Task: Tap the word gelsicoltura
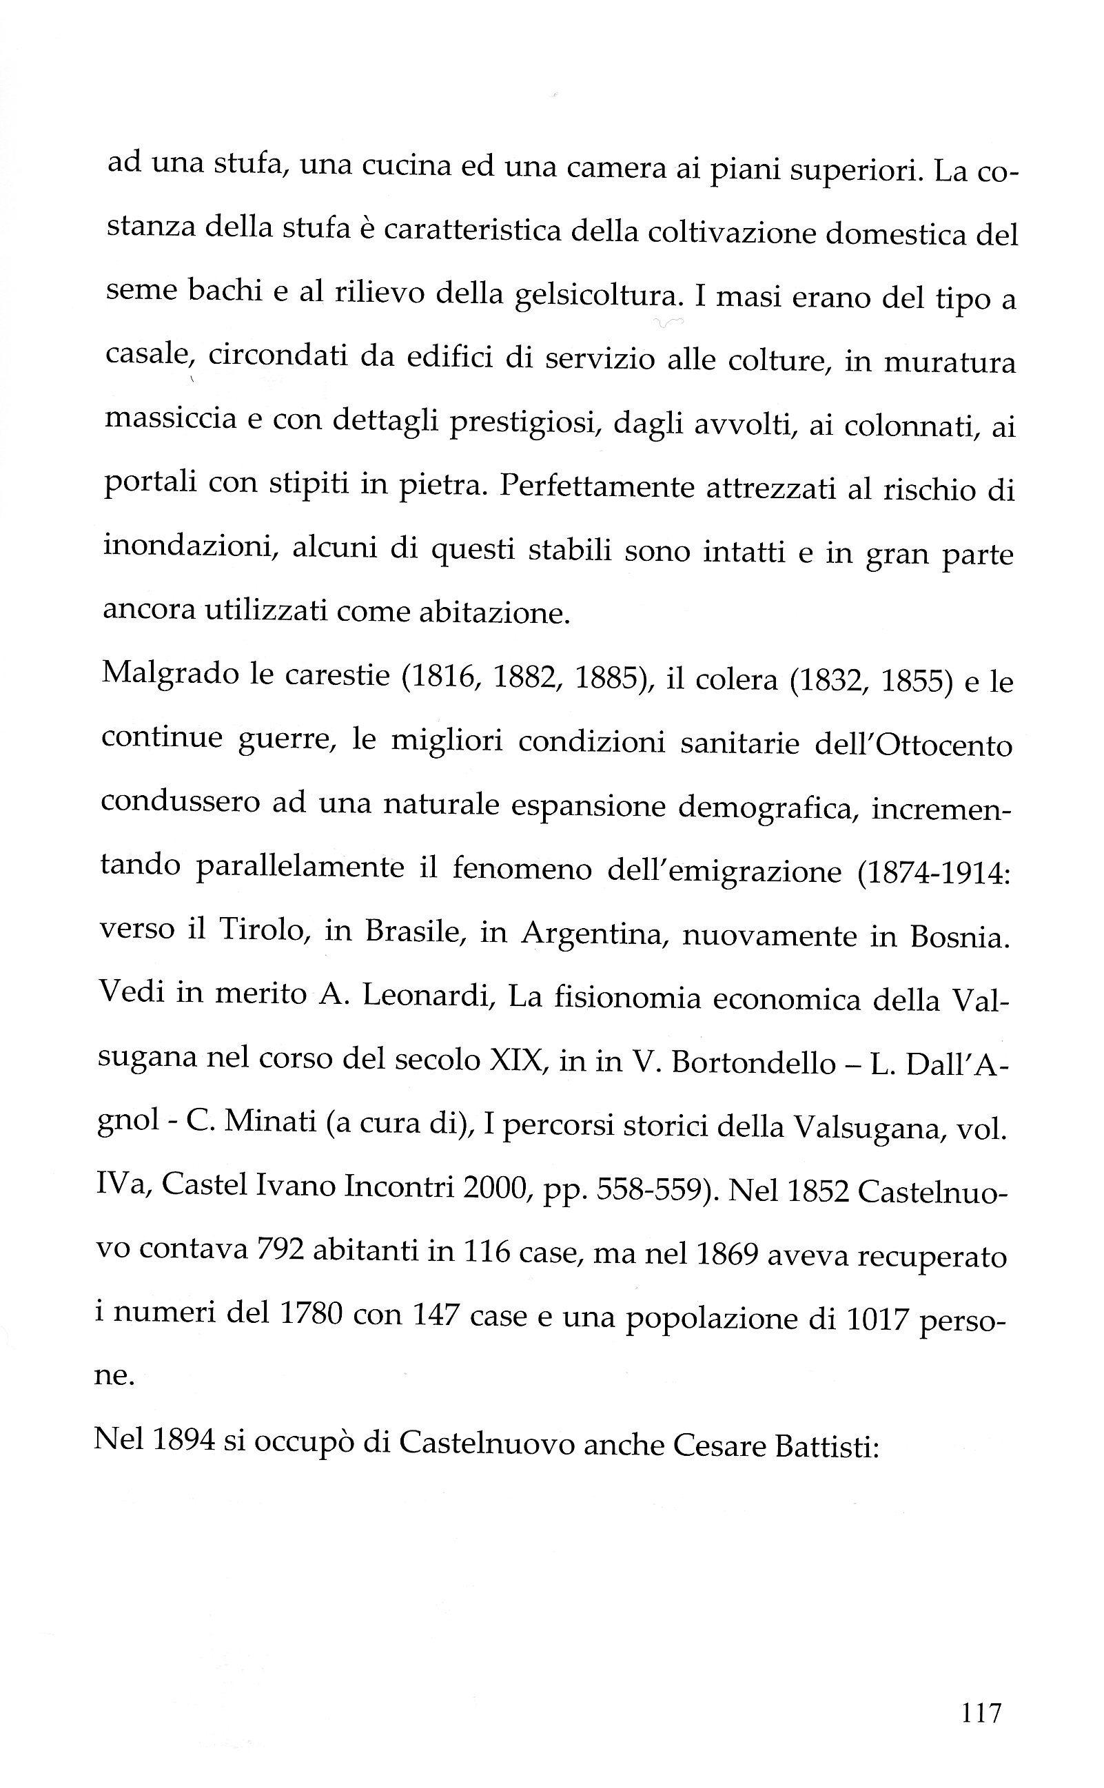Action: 595,296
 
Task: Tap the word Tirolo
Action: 261,929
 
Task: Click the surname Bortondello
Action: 753,1063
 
